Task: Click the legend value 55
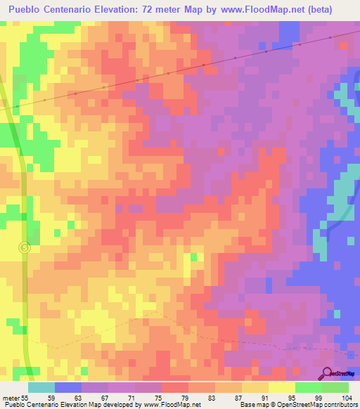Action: (x=25, y=397)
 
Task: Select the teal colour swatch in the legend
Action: (x=41, y=387)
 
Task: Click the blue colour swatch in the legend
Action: (x=68, y=387)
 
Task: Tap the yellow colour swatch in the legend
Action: (x=282, y=387)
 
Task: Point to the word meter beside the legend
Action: (x=10, y=397)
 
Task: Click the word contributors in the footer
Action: (x=340, y=405)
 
